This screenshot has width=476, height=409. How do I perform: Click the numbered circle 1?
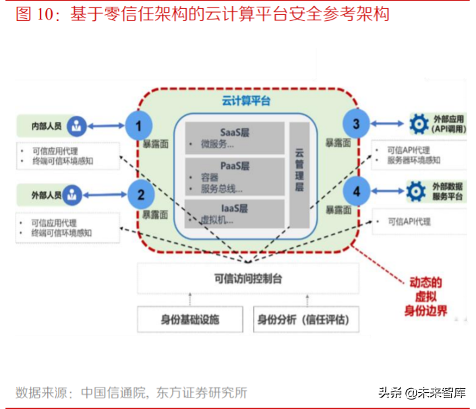click(140, 125)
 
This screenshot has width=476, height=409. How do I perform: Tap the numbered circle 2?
click(141, 195)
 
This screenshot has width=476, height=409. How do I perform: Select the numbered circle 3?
click(356, 123)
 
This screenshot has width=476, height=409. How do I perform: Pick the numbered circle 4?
click(356, 191)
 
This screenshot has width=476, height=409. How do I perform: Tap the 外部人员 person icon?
click(74, 195)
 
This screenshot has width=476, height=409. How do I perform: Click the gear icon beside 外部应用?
click(419, 123)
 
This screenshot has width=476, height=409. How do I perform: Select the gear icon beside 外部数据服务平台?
click(417, 191)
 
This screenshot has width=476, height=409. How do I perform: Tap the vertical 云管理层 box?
click(299, 172)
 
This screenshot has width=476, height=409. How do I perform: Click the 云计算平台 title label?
click(245, 101)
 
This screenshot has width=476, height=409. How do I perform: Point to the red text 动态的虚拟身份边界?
click(425, 296)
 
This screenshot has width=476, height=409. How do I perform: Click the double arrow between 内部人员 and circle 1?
click(107, 125)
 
